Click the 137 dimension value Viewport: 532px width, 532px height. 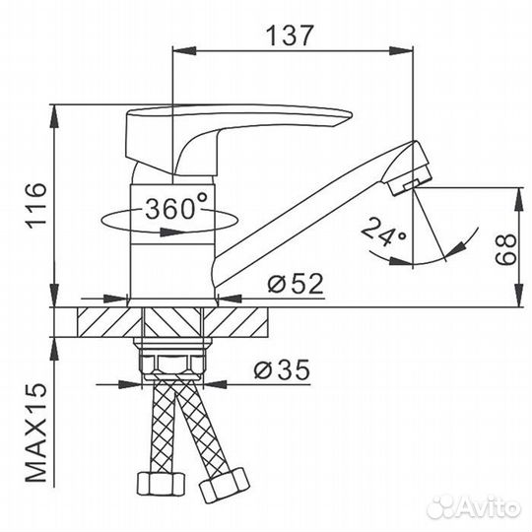[x=289, y=35]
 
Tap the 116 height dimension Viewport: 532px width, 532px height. [x=36, y=206]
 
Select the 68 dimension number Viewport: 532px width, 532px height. [x=505, y=249]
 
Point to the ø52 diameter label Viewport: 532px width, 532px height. [x=296, y=284]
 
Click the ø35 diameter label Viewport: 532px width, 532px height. [x=282, y=369]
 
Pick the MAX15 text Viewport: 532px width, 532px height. [x=36, y=432]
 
